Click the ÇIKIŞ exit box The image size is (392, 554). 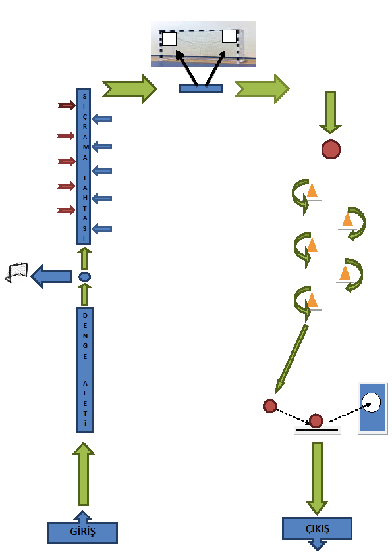pyautogui.click(x=317, y=529)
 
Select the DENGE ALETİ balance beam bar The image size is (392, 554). pyautogui.click(x=85, y=370)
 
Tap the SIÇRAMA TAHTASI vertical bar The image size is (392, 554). pyautogui.click(x=84, y=166)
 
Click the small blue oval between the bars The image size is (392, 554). pyautogui.click(x=84, y=276)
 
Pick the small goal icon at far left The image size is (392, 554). pyautogui.click(x=16, y=272)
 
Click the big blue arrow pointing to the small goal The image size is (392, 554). pyautogui.click(x=51, y=276)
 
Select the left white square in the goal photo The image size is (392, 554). pyautogui.click(x=169, y=39)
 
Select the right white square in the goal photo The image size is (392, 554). pyautogui.click(x=229, y=36)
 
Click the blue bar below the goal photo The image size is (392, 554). pyautogui.click(x=201, y=88)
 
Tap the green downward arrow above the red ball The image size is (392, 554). pyautogui.click(x=330, y=112)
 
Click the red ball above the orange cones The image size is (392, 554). pyautogui.click(x=331, y=149)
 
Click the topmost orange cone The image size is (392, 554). pyautogui.click(x=312, y=191)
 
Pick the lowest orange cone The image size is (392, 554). pyautogui.click(x=312, y=300)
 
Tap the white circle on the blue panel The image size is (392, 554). pyautogui.click(x=371, y=403)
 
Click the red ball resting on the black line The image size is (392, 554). pyautogui.click(x=316, y=421)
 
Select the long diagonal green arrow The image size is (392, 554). pyautogui.click(x=291, y=359)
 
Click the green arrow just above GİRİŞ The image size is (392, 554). pyautogui.click(x=84, y=474)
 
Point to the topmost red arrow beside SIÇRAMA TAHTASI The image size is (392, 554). pyautogui.click(x=67, y=105)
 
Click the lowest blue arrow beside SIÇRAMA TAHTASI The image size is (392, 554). pyautogui.click(x=102, y=228)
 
